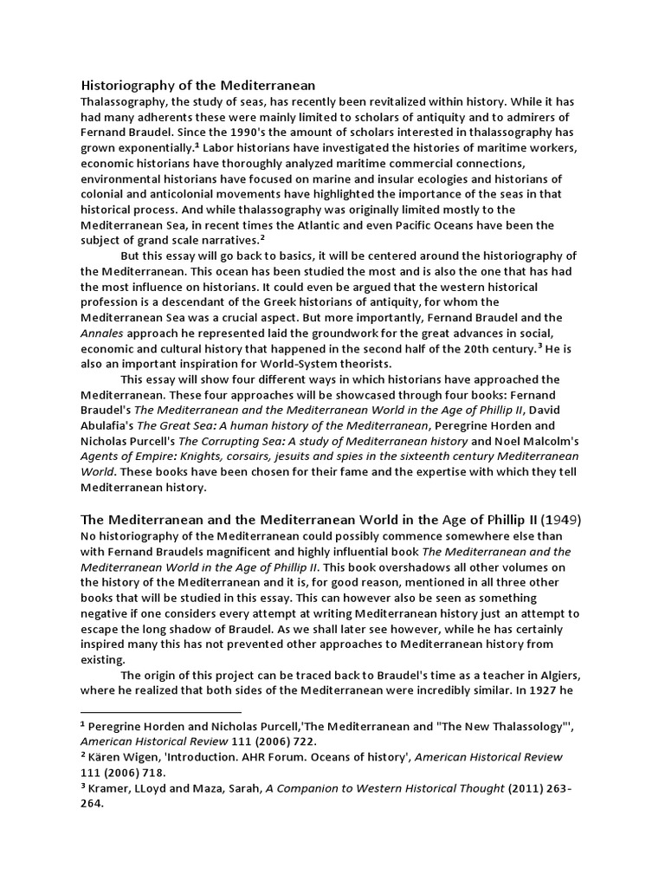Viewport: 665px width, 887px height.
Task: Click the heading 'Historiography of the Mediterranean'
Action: point(197,85)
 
